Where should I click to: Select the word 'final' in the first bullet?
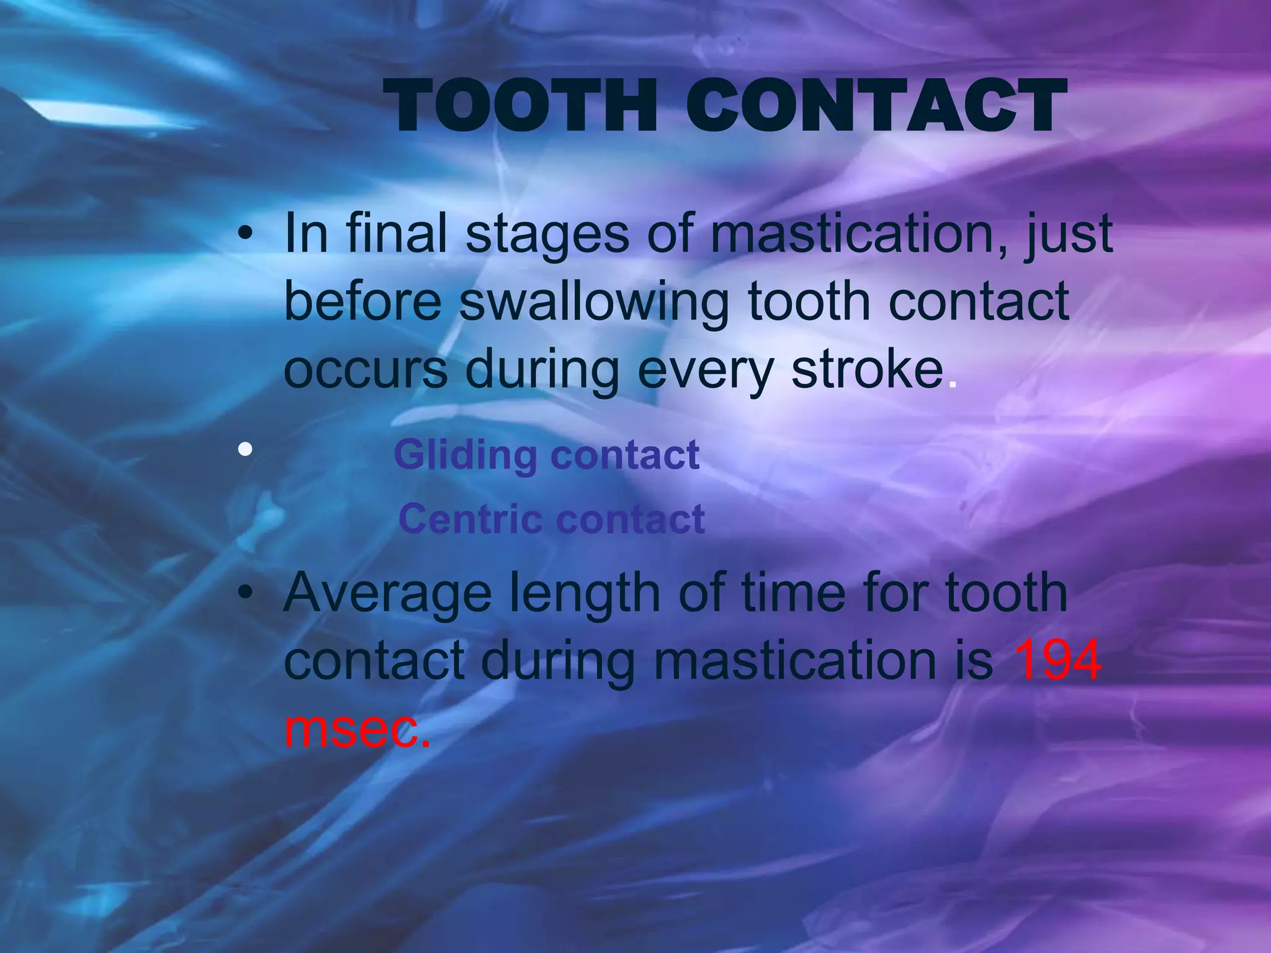tap(396, 233)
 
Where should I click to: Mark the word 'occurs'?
tap(365, 370)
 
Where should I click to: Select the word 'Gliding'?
tap(465, 456)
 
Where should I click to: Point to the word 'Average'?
tap(387, 594)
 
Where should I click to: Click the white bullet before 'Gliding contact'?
tap(245, 449)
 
